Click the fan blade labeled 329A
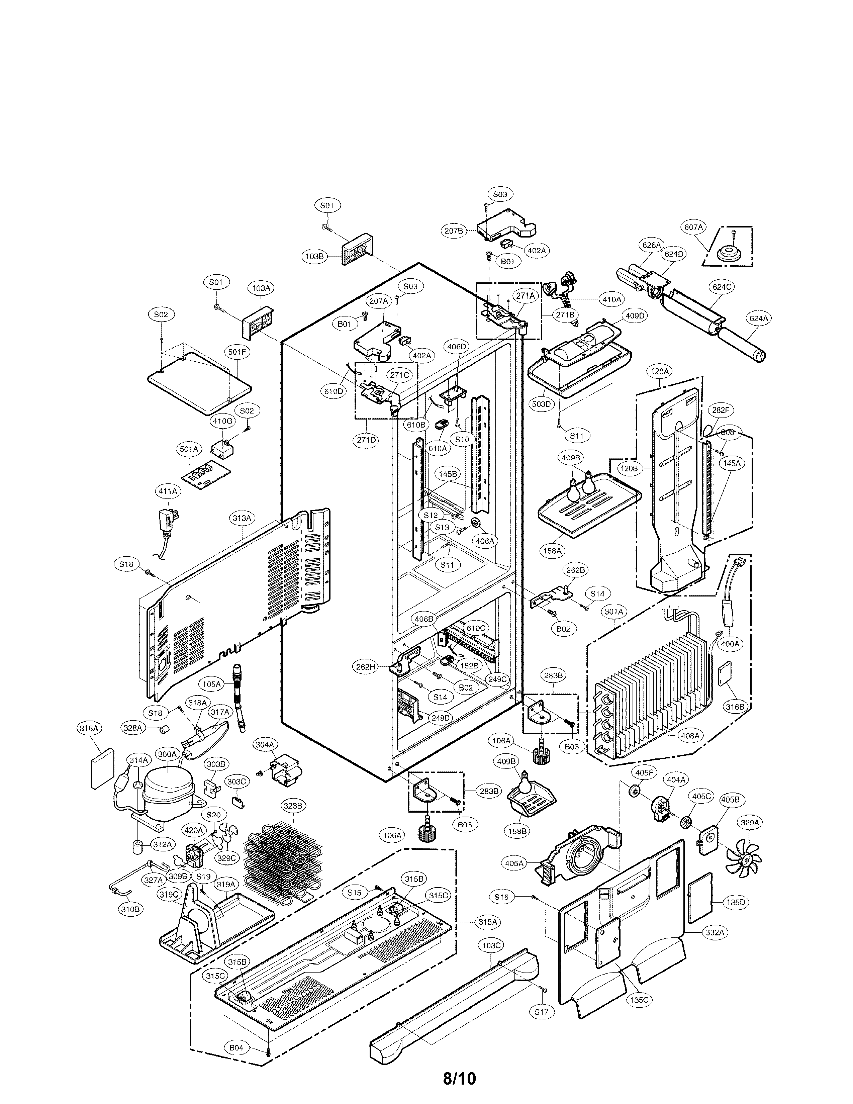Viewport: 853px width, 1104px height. [x=743, y=856]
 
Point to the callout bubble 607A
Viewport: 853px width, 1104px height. [x=693, y=227]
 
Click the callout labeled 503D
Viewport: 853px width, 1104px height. [x=541, y=404]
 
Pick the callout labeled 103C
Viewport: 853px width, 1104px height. [x=491, y=945]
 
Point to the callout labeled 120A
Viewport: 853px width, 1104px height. [x=659, y=372]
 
